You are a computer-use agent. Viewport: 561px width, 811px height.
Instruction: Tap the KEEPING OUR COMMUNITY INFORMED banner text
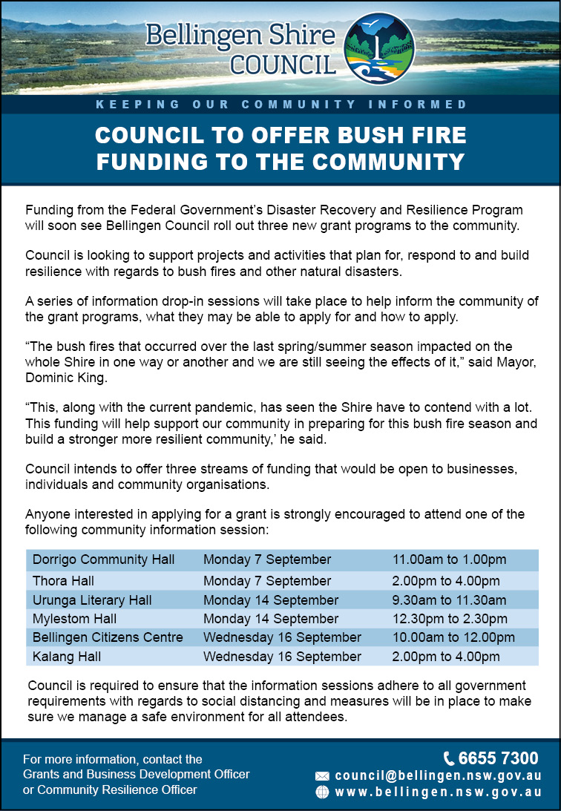coord(281,105)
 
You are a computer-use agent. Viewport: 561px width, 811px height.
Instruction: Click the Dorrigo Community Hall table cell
coord(104,559)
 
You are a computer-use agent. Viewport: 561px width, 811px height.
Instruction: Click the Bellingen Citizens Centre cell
coord(108,637)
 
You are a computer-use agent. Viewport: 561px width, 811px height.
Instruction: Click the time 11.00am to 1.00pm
coord(449,559)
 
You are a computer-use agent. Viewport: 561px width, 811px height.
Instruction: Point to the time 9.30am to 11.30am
coord(449,600)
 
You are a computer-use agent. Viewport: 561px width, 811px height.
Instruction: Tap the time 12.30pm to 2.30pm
coord(450,619)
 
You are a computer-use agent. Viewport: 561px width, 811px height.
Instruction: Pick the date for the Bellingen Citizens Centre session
coord(282,637)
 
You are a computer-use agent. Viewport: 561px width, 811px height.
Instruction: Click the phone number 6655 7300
coord(498,758)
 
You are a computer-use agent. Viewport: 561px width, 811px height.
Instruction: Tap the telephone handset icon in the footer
coord(450,758)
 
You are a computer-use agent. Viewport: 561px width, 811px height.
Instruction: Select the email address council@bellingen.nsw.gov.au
coord(438,775)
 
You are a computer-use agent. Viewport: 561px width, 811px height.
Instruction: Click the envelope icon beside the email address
coord(322,776)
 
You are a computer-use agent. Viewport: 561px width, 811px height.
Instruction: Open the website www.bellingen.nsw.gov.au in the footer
coord(438,792)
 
